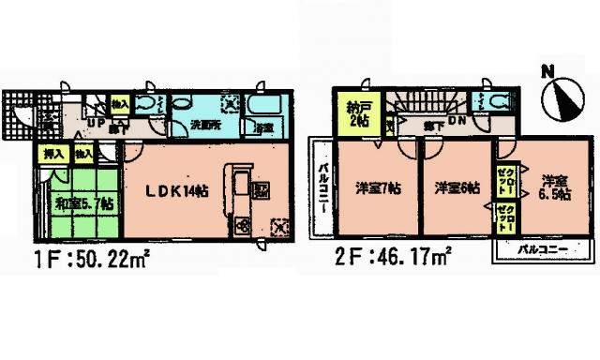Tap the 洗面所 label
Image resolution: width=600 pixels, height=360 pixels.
point(206,124)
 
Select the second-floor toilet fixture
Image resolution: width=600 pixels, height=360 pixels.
point(495,104)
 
